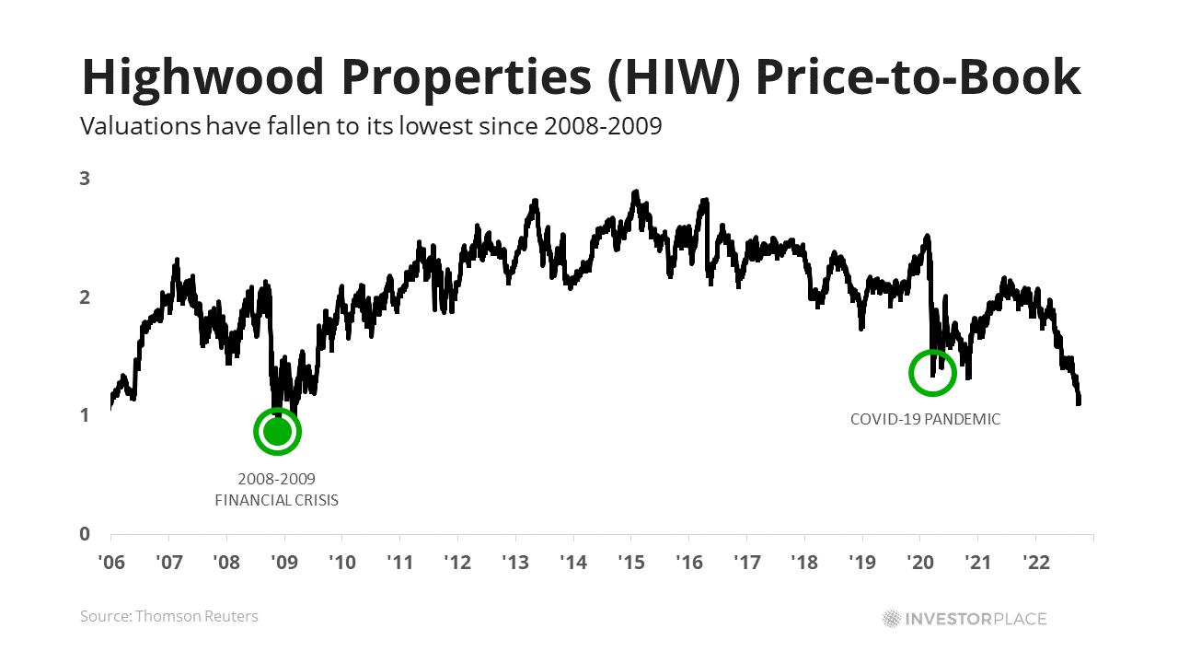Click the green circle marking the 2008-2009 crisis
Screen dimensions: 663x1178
pyautogui.click(x=277, y=431)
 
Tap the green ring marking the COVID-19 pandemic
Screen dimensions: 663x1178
pyautogui.click(x=932, y=373)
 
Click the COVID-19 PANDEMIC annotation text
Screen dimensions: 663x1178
pyautogui.click(x=925, y=419)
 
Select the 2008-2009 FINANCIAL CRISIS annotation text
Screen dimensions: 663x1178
pyautogui.click(x=276, y=490)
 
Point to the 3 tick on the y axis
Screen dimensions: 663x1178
pyautogui.click(x=85, y=179)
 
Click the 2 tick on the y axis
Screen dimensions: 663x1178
pyautogui.click(x=85, y=297)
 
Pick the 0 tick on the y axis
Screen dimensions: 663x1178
pyautogui.click(x=85, y=534)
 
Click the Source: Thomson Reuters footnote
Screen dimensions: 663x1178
pyautogui.click(x=169, y=616)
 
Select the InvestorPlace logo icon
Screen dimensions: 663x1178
pyautogui.click(x=891, y=618)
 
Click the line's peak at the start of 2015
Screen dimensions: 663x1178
pyautogui.click(x=635, y=193)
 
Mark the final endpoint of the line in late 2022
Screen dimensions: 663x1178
pyautogui.click(x=1079, y=401)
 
